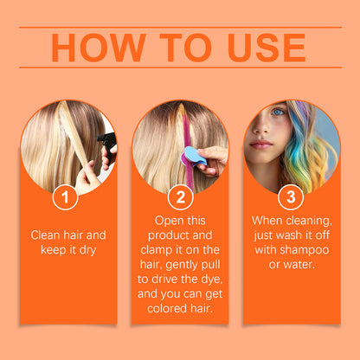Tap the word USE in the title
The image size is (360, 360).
[263, 48]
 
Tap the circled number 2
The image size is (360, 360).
[180, 198]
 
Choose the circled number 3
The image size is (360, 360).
[291, 198]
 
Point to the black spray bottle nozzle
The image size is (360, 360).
[106, 140]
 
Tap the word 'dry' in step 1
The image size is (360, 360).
[91, 250]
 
